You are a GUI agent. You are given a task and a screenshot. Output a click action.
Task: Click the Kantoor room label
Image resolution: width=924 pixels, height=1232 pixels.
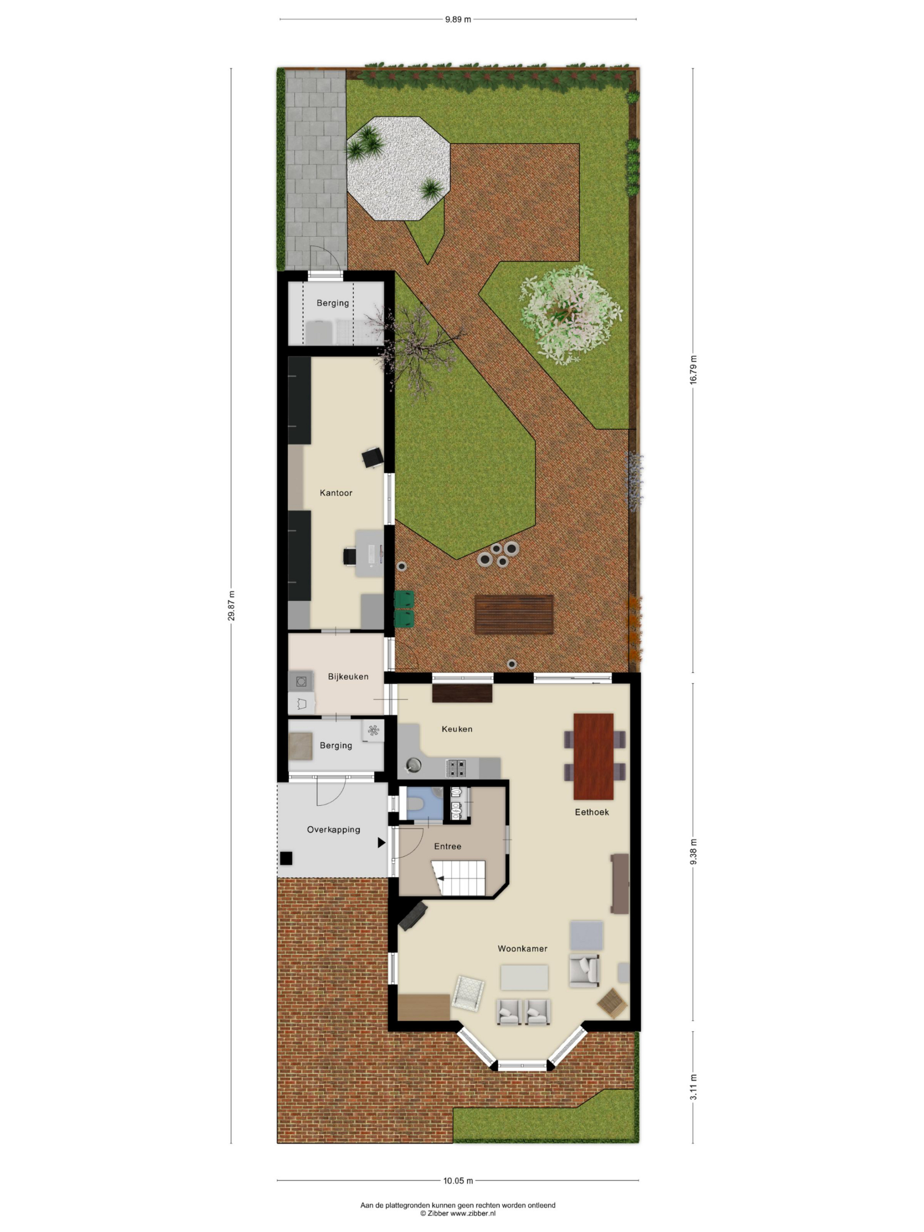pos(336,493)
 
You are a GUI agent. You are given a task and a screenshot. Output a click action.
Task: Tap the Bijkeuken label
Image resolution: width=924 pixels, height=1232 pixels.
pos(348,677)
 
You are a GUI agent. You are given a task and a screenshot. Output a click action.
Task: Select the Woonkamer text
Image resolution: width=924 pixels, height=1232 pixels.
pos(523,949)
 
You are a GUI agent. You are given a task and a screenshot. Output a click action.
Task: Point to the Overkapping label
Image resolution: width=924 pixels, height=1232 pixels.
pos(334,830)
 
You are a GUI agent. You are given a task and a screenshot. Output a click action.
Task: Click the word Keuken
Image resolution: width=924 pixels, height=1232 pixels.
pos(457,729)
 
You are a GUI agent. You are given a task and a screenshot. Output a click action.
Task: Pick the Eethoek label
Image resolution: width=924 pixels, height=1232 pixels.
pos(592,812)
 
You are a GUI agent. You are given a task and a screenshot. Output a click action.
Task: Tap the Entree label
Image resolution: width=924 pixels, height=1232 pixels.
pos(448,846)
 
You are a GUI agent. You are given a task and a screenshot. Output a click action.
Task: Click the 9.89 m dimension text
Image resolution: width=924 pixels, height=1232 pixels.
pos(458,20)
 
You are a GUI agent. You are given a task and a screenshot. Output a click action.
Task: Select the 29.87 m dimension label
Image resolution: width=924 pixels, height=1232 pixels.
pos(231,605)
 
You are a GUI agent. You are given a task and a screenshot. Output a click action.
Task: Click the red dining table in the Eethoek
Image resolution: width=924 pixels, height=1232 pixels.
pos(594,757)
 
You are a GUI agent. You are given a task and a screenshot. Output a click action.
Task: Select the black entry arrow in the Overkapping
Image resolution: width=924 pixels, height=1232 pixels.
pos(382,843)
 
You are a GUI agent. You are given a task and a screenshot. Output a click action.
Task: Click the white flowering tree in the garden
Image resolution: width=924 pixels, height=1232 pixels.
pos(570,315)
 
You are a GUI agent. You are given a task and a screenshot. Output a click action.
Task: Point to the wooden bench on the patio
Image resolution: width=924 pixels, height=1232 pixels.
pos(514,615)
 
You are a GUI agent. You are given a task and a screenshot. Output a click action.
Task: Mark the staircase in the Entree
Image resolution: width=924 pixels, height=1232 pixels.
pos(458,878)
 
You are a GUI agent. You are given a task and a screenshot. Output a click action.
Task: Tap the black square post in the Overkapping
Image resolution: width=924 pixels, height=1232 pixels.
pos(286,858)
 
